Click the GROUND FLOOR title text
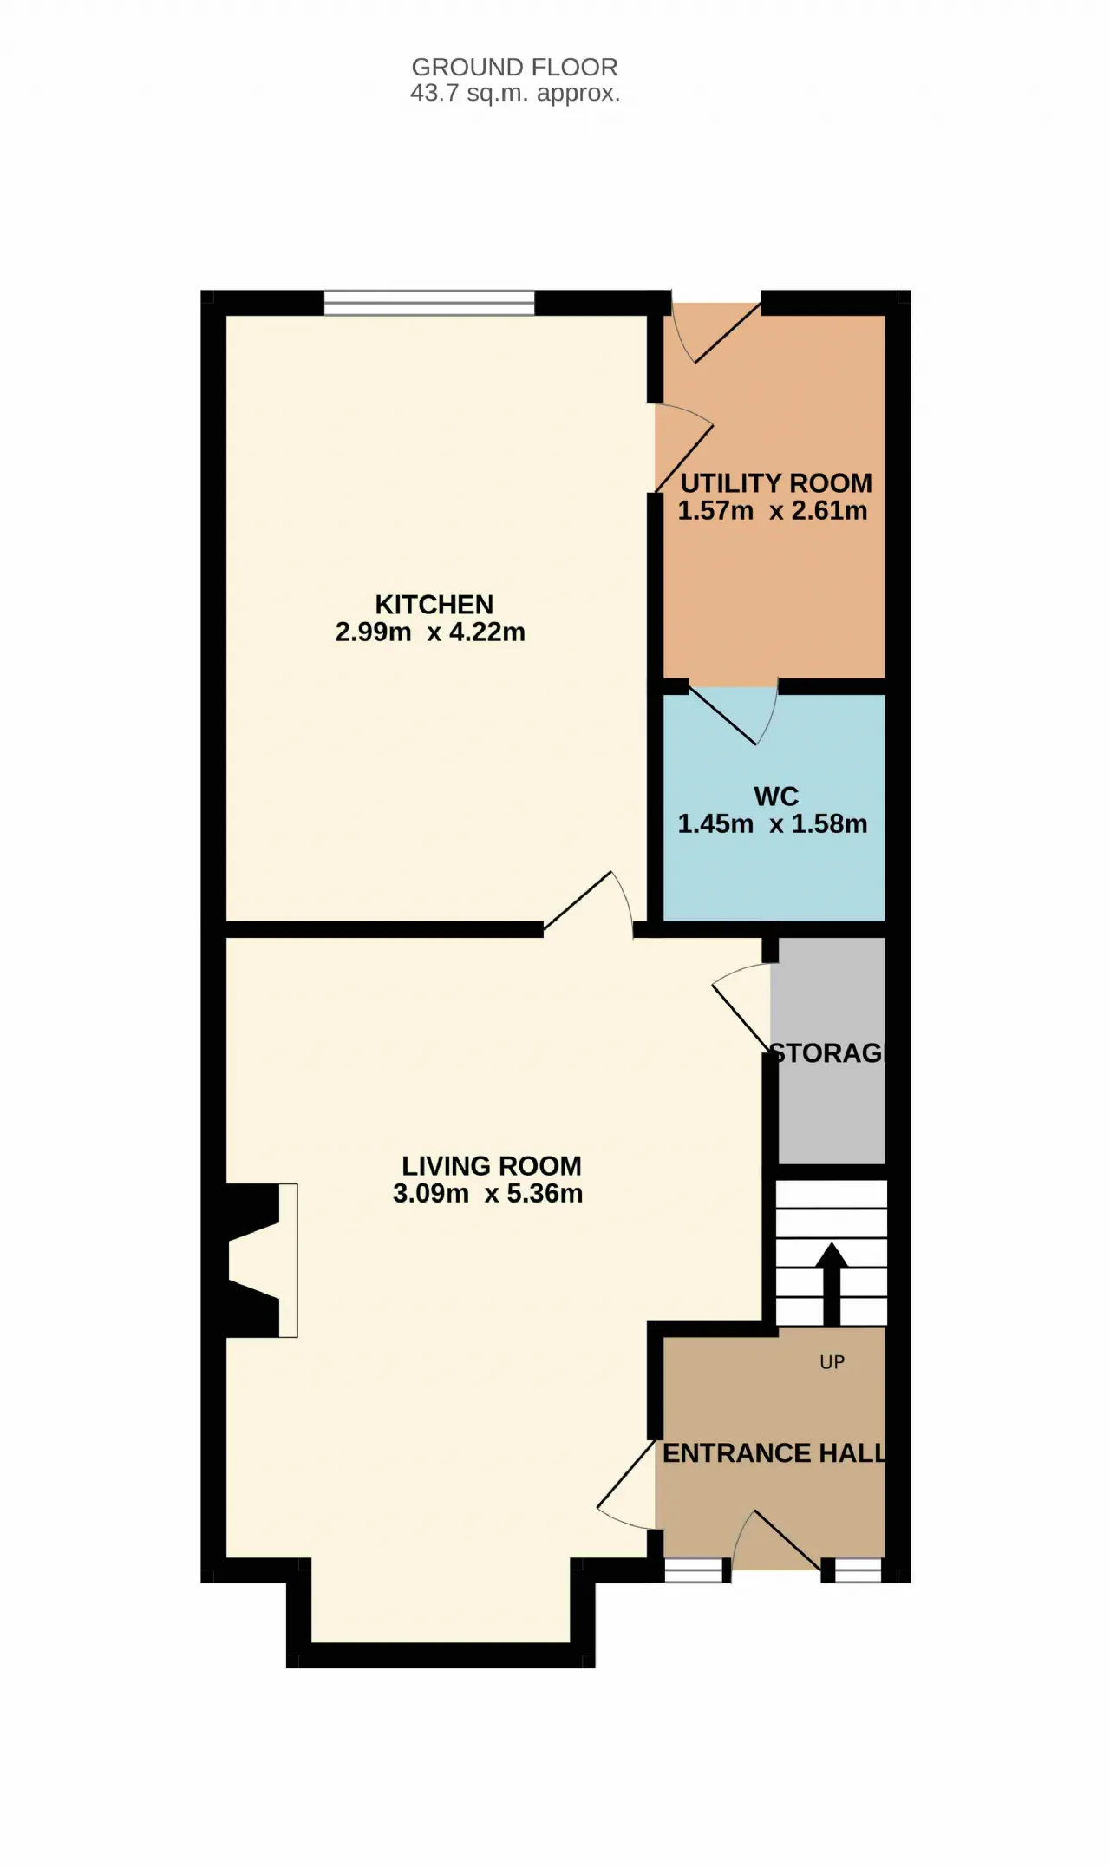point(514,67)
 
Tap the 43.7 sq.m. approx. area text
point(515,93)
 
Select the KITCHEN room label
point(434,604)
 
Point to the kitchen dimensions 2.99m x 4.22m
point(430,632)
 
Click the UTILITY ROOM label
point(776,482)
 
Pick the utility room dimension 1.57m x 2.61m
point(773,510)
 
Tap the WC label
point(776,796)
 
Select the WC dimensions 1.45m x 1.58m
point(773,823)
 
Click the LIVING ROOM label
point(492,1165)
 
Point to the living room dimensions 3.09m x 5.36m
point(488,1193)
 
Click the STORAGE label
point(828,1052)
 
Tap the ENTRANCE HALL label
point(774,1452)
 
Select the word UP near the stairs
point(832,1362)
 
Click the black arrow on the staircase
point(832,1284)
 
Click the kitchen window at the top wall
point(430,302)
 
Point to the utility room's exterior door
point(717,331)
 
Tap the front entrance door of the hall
point(777,1541)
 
